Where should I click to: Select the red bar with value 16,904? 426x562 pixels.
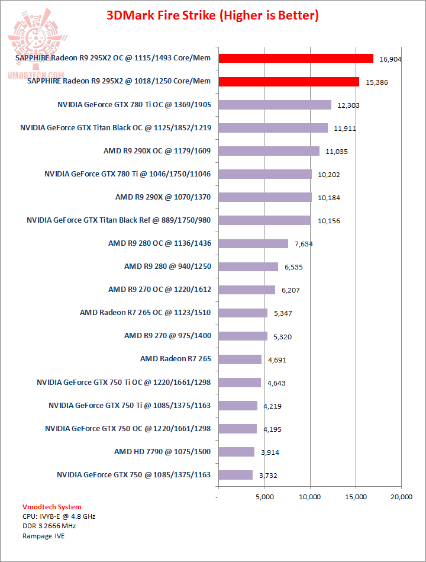click(296, 58)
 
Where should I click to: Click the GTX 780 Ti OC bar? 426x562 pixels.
click(275, 105)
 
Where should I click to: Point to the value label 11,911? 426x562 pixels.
click(344, 128)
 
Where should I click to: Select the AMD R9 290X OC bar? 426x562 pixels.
click(269, 151)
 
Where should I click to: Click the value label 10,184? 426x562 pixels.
click(329, 198)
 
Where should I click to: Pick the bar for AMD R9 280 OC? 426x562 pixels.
click(253, 243)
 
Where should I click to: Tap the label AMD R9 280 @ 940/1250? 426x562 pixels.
click(167, 266)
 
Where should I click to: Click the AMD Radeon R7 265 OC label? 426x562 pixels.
click(146, 313)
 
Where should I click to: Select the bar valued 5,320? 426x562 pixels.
click(243, 336)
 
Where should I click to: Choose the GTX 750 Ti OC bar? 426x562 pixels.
click(240, 382)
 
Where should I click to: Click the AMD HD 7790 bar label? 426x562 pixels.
click(163, 452)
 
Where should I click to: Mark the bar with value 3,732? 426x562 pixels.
click(235, 475)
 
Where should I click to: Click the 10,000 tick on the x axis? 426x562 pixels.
click(310, 497)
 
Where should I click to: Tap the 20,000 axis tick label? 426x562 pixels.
click(402, 497)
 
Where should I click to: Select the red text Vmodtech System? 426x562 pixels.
click(51, 507)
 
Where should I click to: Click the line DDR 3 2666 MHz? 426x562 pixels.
click(49, 525)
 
